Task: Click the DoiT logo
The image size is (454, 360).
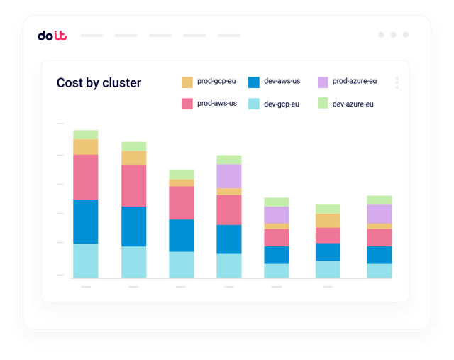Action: (x=52, y=36)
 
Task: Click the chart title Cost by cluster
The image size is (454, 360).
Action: (x=99, y=83)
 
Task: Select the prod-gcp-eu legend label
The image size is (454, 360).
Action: (x=217, y=81)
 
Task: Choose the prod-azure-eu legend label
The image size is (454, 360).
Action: (x=355, y=81)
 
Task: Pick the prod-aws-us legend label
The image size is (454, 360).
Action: (x=217, y=104)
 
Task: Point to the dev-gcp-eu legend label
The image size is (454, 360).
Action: (x=282, y=104)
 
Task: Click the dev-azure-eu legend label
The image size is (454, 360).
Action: (x=353, y=104)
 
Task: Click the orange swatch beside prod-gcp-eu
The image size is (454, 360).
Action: (x=187, y=82)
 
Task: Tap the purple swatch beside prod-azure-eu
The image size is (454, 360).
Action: (x=323, y=82)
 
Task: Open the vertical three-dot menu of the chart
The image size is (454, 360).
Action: (x=397, y=83)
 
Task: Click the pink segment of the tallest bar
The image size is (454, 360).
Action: (x=86, y=177)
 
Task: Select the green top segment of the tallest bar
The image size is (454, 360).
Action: (x=86, y=134)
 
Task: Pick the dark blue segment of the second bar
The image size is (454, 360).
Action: (x=133, y=227)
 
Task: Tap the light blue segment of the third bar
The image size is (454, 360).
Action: (x=181, y=265)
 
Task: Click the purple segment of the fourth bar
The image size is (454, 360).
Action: (x=228, y=176)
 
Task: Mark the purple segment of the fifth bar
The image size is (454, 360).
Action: (x=277, y=215)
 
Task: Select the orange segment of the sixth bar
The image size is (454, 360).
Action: (x=328, y=221)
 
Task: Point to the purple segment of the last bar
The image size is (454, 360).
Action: (x=379, y=214)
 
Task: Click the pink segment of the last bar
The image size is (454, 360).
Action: (x=379, y=238)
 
